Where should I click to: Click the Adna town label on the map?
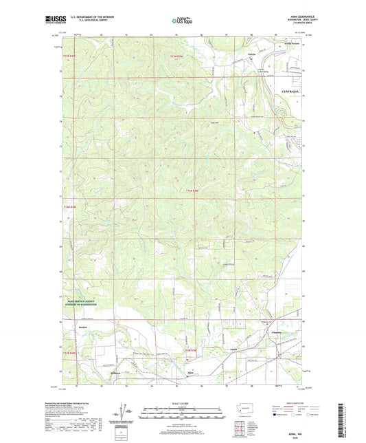tap(191, 371)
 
